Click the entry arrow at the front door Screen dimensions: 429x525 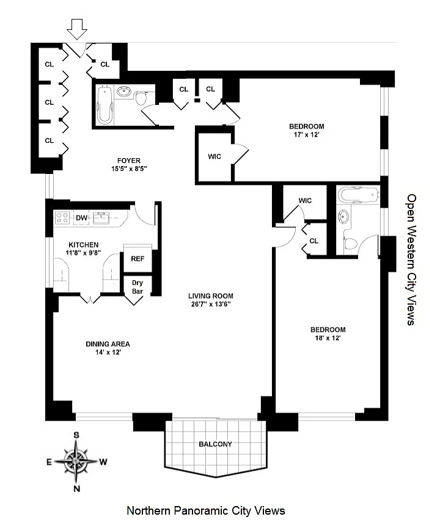point(77,28)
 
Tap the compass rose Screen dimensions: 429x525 point(77,462)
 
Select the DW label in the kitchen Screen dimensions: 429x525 point(81,218)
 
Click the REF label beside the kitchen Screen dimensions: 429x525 point(137,258)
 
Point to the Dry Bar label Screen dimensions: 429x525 point(137,287)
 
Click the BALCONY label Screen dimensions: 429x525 point(215,444)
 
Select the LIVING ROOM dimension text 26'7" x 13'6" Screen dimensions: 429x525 point(209,304)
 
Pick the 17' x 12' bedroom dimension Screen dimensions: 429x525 point(307,136)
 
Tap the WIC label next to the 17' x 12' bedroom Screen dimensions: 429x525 point(215,156)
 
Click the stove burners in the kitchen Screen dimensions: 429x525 point(62,218)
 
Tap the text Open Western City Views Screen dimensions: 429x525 point(411,259)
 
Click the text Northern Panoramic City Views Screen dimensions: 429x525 point(205,510)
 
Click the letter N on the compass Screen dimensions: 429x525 point(77,488)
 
